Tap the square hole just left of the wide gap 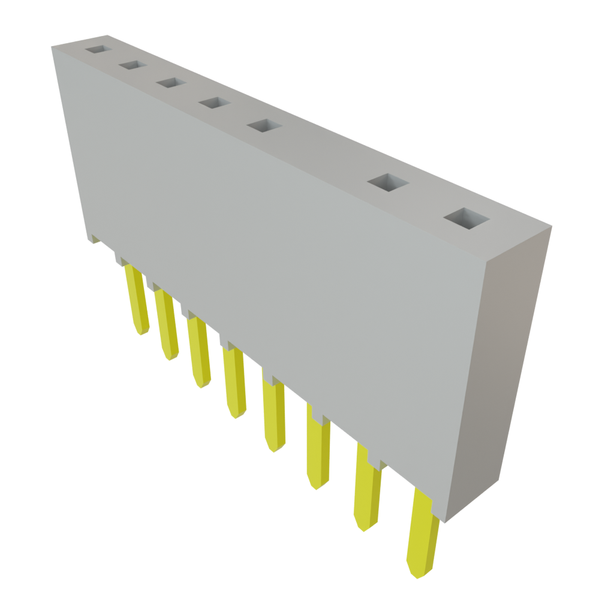264,125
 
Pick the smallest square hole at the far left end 98,49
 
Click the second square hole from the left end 133,65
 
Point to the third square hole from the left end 171,83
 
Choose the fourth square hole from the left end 215,103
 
